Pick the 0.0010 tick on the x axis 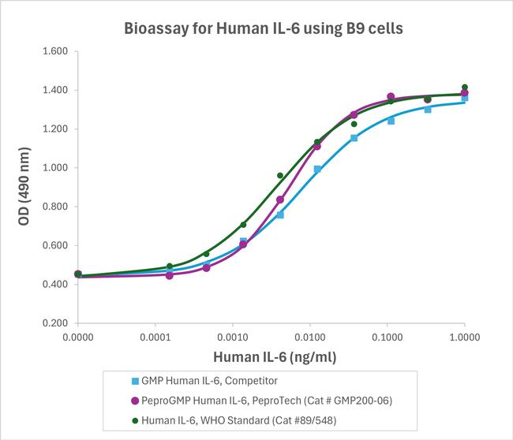[232, 337]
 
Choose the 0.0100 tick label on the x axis [309, 337]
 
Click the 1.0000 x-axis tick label [464, 337]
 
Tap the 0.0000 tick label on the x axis [77, 337]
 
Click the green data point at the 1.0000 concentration [464, 87]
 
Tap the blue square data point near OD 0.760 [280, 214]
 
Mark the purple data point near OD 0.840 [280, 199]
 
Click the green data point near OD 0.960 [280, 176]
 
